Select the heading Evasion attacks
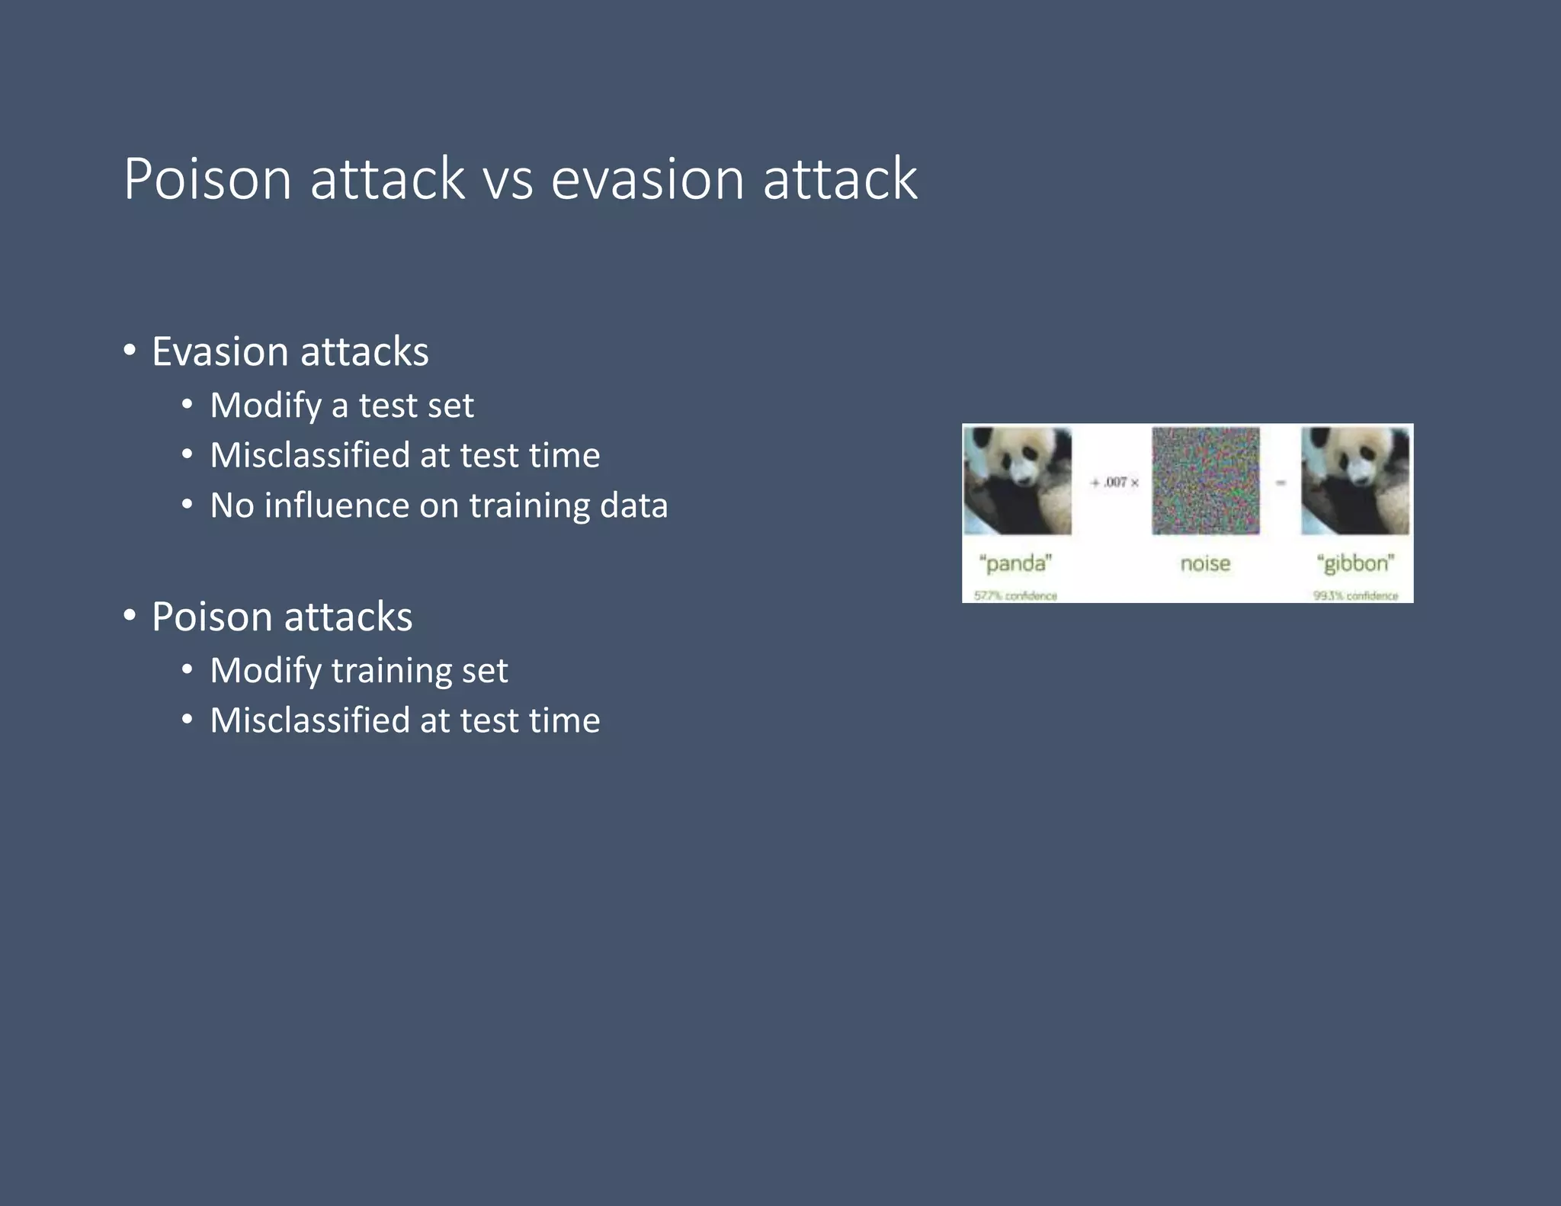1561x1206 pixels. point(290,351)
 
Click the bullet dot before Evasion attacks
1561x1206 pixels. point(130,351)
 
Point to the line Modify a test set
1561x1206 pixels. point(341,405)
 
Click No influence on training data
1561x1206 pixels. point(438,505)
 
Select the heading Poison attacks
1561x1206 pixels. point(282,616)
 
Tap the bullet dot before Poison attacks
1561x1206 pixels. point(130,615)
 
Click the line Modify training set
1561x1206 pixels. point(358,670)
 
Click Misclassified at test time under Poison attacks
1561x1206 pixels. point(405,720)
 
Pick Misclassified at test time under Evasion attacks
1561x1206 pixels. point(405,455)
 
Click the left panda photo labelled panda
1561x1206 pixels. point(1018,480)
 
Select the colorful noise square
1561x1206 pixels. point(1205,480)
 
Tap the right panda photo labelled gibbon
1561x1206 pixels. point(1355,480)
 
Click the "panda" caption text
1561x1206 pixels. point(1015,563)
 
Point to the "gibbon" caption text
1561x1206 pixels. point(1355,563)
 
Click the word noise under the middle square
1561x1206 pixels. point(1205,563)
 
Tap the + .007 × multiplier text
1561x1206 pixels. point(1114,483)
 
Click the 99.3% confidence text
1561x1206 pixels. point(1355,596)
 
